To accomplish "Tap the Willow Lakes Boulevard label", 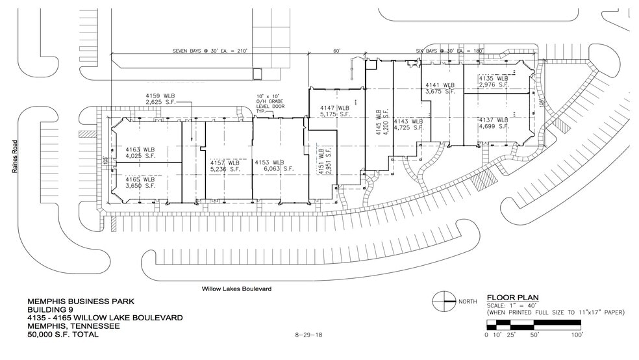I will point(236,288).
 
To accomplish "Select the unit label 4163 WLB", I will point(140,153).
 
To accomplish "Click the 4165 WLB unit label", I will point(140,182).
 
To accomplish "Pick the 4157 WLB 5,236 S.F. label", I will point(225,166).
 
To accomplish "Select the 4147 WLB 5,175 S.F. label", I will point(334,111).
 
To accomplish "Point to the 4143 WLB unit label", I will point(409,125).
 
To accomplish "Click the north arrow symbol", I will point(444,301).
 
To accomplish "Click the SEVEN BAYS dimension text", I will point(210,50).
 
